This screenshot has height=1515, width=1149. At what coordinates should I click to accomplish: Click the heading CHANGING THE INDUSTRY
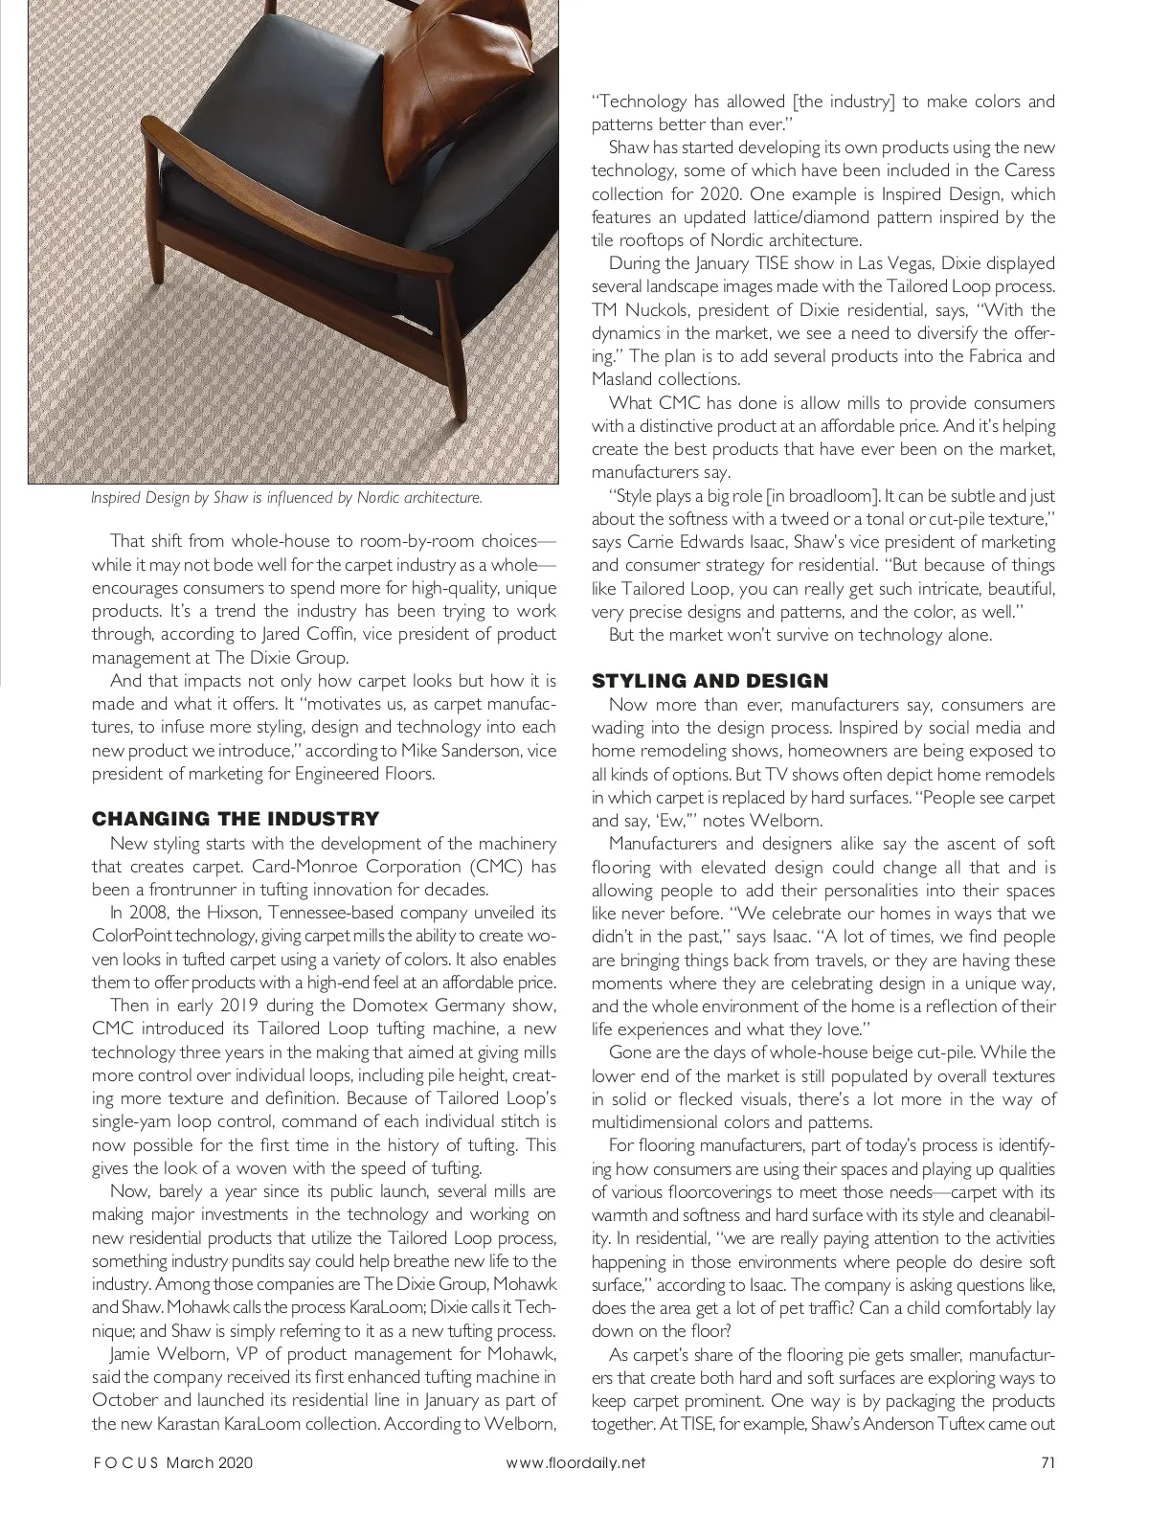coord(236,819)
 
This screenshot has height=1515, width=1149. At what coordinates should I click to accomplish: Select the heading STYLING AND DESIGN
coord(710,681)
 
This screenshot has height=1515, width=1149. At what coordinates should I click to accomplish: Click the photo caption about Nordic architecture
coord(286,498)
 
